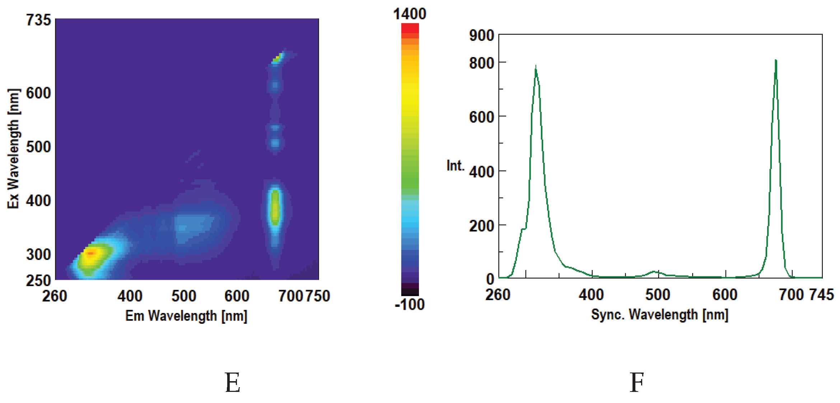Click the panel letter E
(x=233, y=383)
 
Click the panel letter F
(x=637, y=383)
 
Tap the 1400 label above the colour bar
(x=410, y=14)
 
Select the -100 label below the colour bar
(x=410, y=305)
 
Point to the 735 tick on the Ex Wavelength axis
(x=38, y=20)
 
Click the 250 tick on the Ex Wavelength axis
(x=38, y=280)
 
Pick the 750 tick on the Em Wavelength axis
(x=318, y=296)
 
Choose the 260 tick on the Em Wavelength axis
(x=55, y=296)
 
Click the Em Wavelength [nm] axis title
(x=186, y=316)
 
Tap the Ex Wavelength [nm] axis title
(x=13, y=148)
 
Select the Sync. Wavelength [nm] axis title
(x=660, y=315)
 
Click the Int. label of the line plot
(x=455, y=166)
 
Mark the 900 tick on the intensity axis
(x=481, y=36)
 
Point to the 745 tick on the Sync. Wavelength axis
(x=821, y=295)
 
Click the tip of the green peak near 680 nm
(x=776, y=60)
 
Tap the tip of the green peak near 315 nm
(x=536, y=67)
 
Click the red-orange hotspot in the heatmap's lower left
(x=90, y=253)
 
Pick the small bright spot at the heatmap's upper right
(x=277, y=57)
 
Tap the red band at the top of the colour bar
(x=410, y=28)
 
